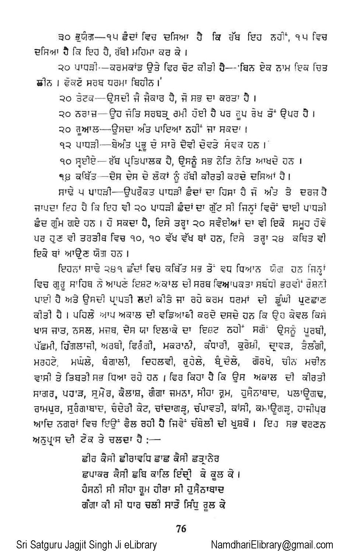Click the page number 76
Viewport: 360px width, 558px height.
181,529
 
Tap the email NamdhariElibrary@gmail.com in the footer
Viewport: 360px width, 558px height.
272,545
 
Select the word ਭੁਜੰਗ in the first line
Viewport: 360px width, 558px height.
82,37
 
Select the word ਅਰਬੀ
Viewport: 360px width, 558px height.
113,347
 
